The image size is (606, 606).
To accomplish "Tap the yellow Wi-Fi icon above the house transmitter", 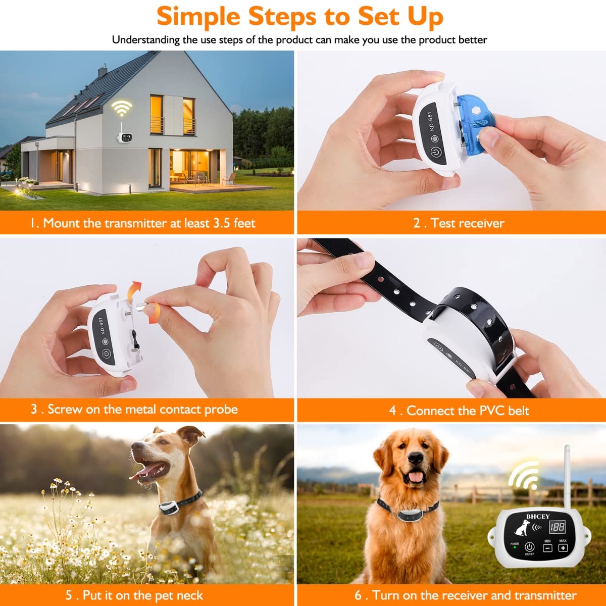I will (x=122, y=108).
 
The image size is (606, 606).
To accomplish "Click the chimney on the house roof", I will (x=103, y=70).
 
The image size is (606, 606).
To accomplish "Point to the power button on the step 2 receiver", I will (x=435, y=152).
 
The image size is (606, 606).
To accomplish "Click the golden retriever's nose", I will (x=416, y=458).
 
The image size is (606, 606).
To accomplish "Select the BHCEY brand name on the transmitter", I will (x=537, y=517).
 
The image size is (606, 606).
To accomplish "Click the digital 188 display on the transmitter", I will (x=558, y=528).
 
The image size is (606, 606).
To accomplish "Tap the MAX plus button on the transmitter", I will (x=563, y=548).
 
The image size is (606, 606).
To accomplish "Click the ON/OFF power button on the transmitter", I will (x=529, y=547).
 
